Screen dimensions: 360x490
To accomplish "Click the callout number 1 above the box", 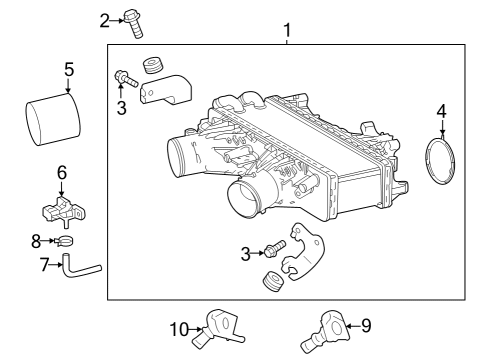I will coord(287,30).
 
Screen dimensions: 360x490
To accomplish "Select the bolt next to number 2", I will coord(133,21).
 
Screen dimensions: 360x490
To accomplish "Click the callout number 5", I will coord(69,70).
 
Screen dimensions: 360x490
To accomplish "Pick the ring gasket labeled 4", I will coord(442,164).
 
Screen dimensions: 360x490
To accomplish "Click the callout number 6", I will coord(61,172).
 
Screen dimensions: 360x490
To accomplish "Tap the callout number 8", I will coord(36,241).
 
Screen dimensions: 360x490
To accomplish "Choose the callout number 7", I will coord(44,265).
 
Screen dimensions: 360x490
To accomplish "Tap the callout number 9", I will coord(365,324).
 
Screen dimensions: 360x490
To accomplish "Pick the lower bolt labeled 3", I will coord(274,247).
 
